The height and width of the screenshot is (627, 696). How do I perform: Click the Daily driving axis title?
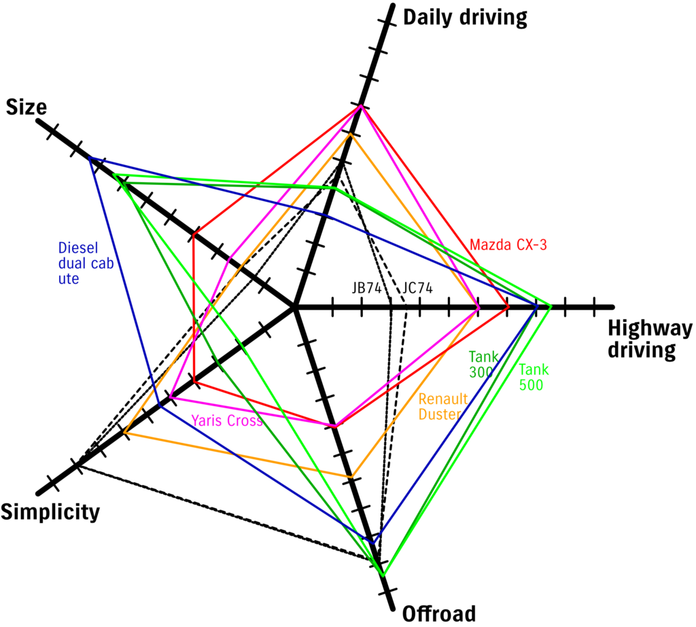click(465, 18)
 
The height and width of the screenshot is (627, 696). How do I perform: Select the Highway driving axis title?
click(649, 339)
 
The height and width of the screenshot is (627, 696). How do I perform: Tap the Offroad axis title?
click(438, 613)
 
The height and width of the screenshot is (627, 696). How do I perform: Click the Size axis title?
click(26, 107)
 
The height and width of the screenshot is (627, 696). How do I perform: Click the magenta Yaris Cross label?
click(226, 420)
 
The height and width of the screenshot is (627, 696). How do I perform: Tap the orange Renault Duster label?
click(442, 407)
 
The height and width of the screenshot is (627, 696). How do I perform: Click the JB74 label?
click(366, 287)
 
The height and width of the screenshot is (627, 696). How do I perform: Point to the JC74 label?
click(417, 287)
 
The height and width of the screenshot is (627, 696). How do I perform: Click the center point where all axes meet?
click(295, 308)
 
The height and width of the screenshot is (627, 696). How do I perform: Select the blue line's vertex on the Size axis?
click(90, 158)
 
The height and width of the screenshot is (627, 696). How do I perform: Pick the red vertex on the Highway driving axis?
click(508, 308)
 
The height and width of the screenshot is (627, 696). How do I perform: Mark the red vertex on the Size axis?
click(194, 235)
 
